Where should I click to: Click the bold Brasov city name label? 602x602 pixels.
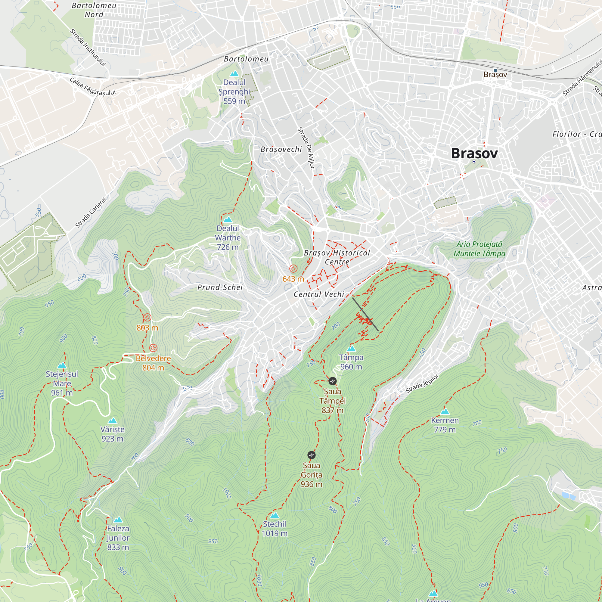[x=474, y=153]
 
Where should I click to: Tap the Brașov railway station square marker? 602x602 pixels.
[x=495, y=70]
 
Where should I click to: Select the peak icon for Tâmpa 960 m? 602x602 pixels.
[x=351, y=349]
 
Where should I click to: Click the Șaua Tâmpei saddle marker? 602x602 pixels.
[x=333, y=381]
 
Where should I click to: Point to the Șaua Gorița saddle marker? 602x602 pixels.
[x=311, y=455]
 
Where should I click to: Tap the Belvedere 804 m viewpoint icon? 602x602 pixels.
[x=153, y=348]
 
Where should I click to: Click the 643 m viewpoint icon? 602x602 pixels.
[x=293, y=268]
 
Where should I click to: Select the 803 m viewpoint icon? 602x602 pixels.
[x=147, y=318]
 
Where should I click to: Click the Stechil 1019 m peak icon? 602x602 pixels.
[x=274, y=515]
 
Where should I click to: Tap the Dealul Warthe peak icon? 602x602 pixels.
[x=228, y=220]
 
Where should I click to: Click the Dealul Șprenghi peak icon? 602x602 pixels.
[x=234, y=74]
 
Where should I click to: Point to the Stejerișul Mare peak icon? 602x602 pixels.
[x=62, y=365]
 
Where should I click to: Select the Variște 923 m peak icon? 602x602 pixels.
[x=112, y=421]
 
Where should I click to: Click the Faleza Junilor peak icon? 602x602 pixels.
[x=118, y=520]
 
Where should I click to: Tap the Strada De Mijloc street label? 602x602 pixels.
[x=306, y=148]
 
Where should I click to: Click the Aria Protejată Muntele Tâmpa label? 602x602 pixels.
[x=479, y=249]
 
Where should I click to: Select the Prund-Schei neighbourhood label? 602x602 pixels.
[x=220, y=287]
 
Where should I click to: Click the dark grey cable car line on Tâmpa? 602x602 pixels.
[x=365, y=314]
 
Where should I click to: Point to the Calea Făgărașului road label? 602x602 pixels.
[x=92, y=87]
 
